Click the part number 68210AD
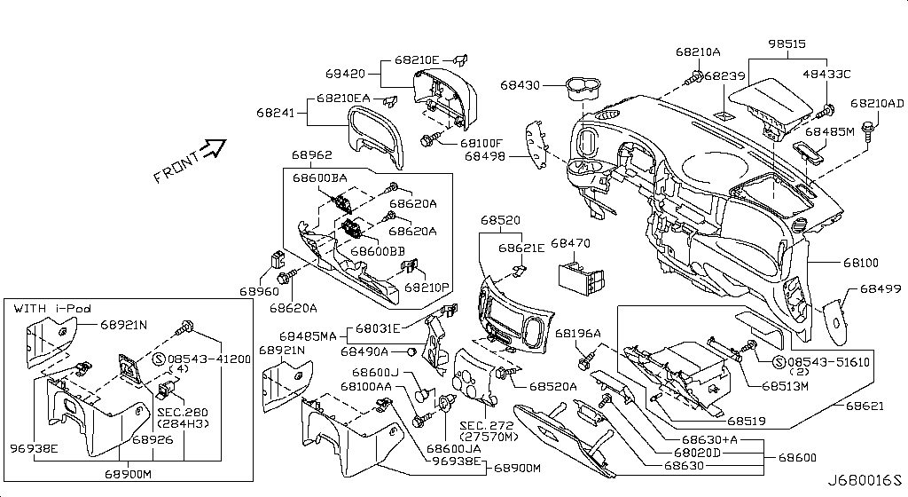coord(877,104)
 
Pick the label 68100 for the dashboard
coord(861,264)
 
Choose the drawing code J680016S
coord(865,480)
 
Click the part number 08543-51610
coord(828,362)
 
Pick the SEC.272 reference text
coord(486,425)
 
